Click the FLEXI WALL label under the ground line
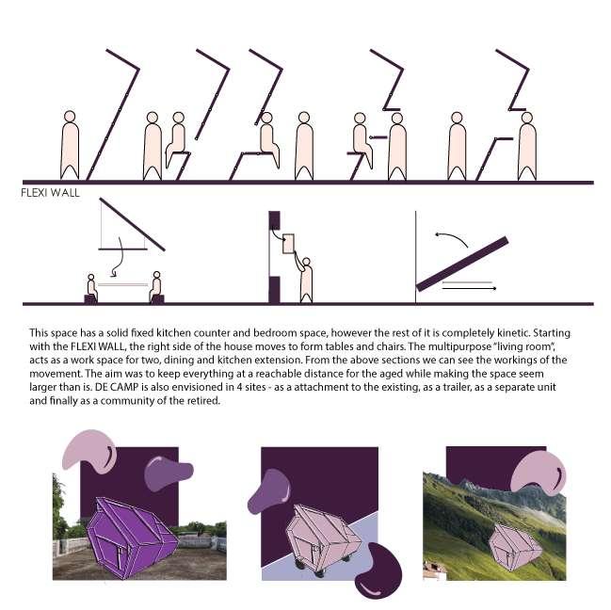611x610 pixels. click(x=50, y=193)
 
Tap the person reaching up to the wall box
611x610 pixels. click(x=305, y=279)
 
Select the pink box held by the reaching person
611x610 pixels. click(x=288, y=244)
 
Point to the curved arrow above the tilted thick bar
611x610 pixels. click(x=451, y=238)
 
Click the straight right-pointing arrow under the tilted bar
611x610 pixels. click(x=469, y=288)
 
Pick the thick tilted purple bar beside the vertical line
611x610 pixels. click(x=462, y=264)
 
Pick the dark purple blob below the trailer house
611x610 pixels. click(x=378, y=570)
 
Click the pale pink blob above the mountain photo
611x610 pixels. click(x=539, y=473)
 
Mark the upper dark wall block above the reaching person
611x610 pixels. click(x=274, y=220)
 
